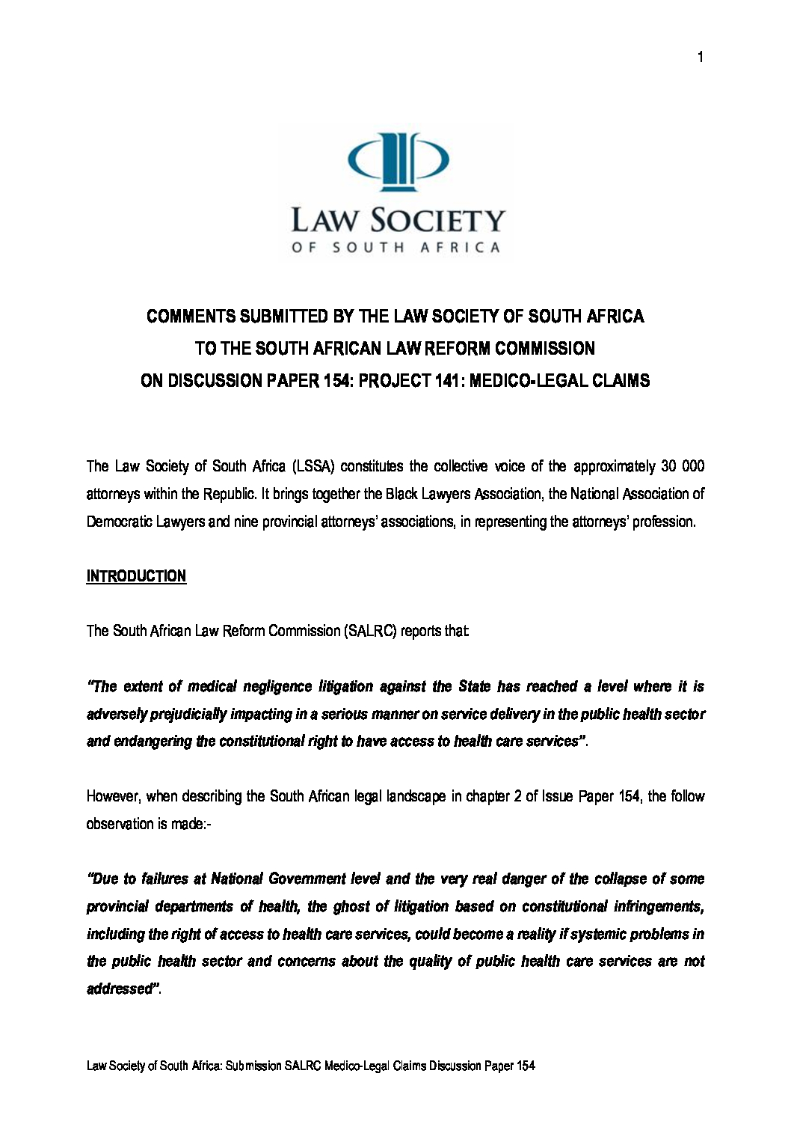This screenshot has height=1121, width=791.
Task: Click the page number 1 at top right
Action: [x=700, y=58]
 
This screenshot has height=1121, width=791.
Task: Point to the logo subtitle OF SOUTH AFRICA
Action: [x=395, y=248]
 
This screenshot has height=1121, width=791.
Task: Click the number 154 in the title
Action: [x=335, y=381]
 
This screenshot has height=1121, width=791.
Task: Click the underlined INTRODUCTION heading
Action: [x=136, y=576]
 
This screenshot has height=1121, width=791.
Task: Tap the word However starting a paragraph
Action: [x=114, y=796]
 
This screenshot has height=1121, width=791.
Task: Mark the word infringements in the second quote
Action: [x=658, y=906]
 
